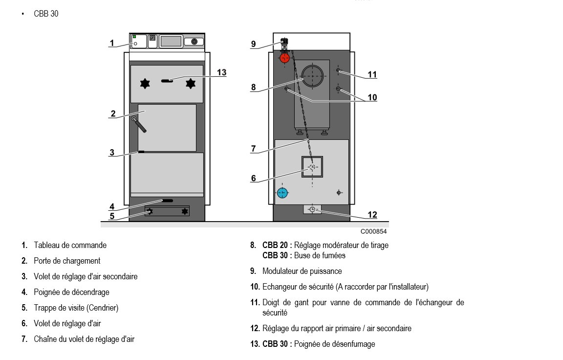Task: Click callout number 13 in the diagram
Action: [x=221, y=72]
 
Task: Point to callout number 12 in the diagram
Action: [x=372, y=215]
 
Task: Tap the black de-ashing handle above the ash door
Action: [x=167, y=201]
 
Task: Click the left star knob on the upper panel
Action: [x=145, y=84]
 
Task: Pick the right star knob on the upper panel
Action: [x=191, y=84]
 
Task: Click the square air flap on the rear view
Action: [x=312, y=167]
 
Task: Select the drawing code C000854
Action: [x=373, y=231]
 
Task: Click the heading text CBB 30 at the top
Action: [x=46, y=14]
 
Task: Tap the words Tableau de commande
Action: [x=70, y=245]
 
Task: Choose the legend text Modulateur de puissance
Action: [x=302, y=271]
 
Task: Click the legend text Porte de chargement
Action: [x=67, y=261]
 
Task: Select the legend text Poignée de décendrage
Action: [x=71, y=292]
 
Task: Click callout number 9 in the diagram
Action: [x=253, y=44]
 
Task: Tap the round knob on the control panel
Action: [x=195, y=42]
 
